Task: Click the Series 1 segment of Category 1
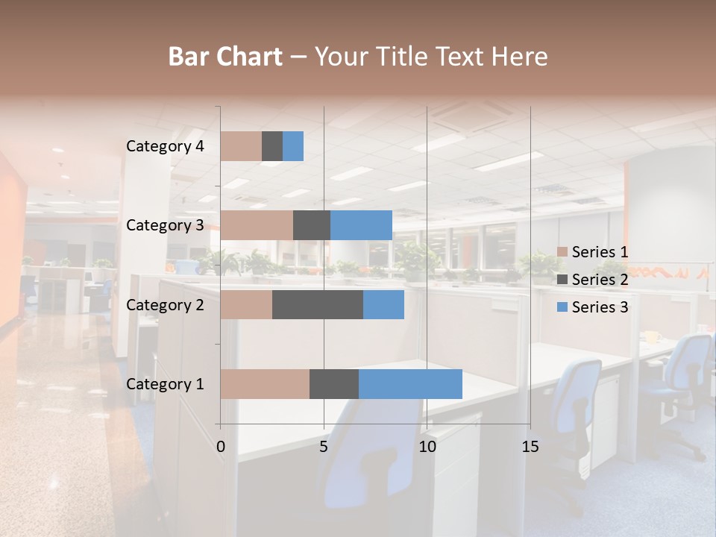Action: (x=265, y=383)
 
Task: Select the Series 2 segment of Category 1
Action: (x=334, y=383)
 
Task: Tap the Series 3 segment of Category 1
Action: (x=410, y=383)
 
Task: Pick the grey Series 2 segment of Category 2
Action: (x=318, y=304)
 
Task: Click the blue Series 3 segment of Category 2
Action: (x=383, y=304)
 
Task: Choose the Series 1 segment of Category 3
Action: (x=257, y=225)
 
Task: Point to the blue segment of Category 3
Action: (x=361, y=225)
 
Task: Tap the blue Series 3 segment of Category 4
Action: (x=293, y=146)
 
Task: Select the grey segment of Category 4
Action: (x=272, y=146)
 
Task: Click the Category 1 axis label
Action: (x=165, y=384)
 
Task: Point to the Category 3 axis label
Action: (x=165, y=225)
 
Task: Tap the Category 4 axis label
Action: (x=165, y=146)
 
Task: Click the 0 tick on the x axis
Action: (x=221, y=447)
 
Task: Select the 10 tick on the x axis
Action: (x=427, y=447)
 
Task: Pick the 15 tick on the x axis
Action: (x=530, y=447)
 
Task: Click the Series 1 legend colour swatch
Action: (x=562, y=252)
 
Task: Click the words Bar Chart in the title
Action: (x=225, y=57)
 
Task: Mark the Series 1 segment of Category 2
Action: (x=246, y=304)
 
